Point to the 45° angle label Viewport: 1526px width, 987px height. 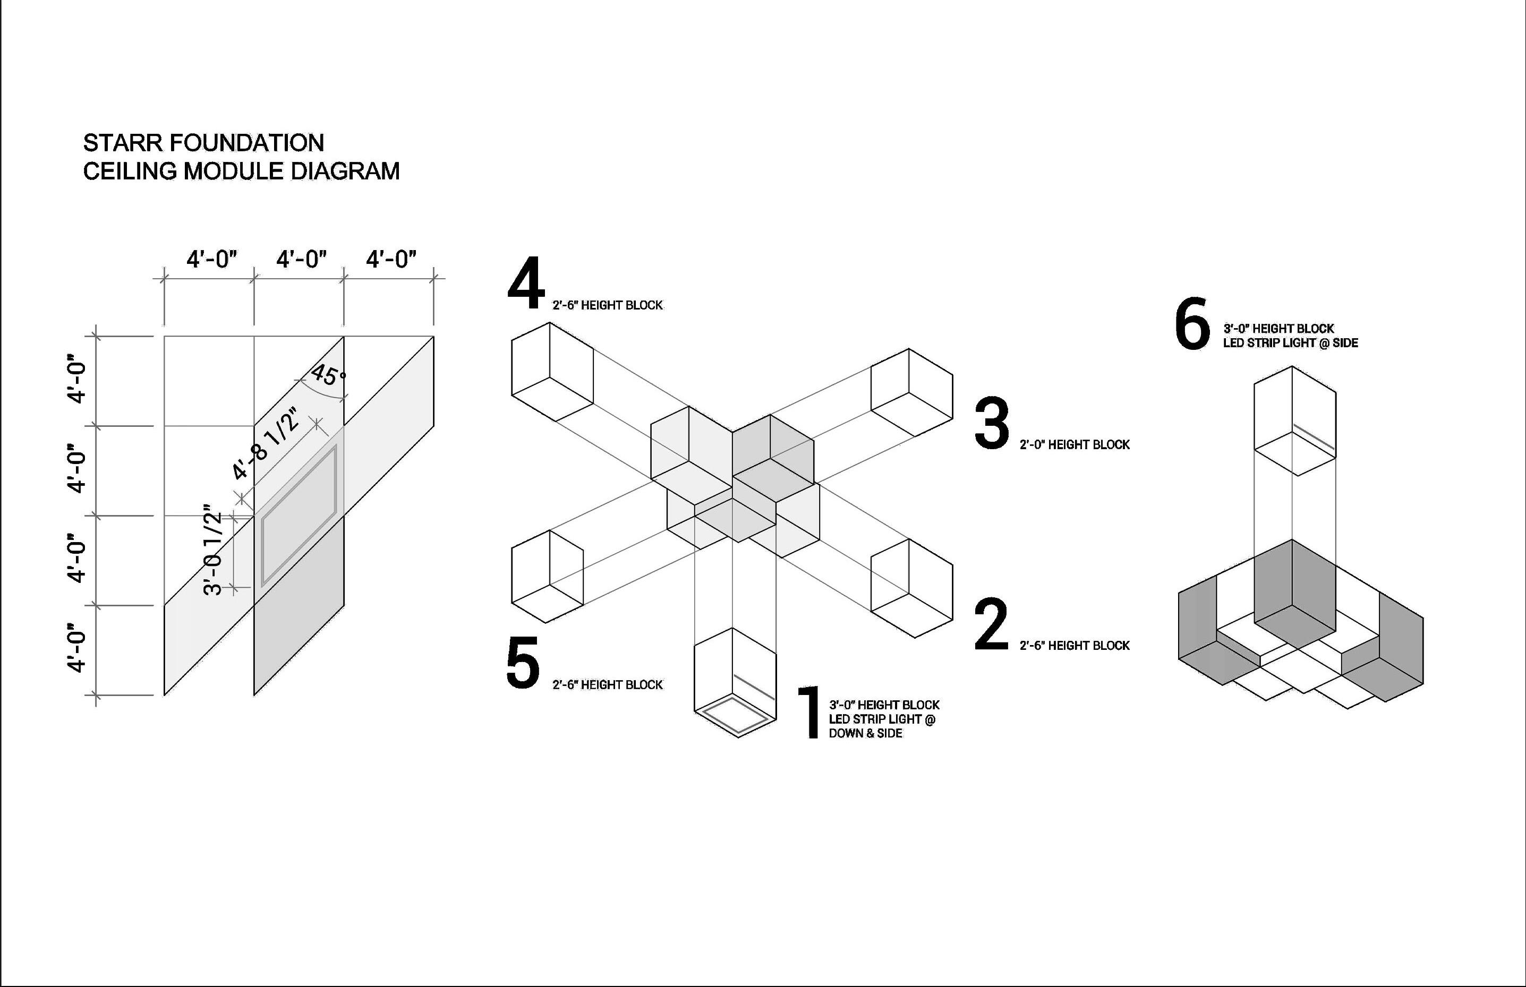click(x=328, y=375)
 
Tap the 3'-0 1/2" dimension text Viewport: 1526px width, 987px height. click(x=214, y=553)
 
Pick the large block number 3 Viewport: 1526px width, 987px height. click(x=991, y=424)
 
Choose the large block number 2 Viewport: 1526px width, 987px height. click(x=991, y=625)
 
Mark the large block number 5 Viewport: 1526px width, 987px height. click(x=523, y=663)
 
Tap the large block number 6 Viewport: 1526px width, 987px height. click(x=1192, y=324)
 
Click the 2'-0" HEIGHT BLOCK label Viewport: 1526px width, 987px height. click(x=1075, y=445)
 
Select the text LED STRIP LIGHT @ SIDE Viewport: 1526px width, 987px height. click(x=1290, y=344)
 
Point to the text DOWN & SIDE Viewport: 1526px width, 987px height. click(x=865, y=734)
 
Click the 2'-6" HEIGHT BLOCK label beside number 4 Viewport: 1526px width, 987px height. click(x=607, y=306)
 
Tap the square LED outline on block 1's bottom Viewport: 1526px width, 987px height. click(x=736, y=715)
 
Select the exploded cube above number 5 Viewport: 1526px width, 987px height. click(x=547, y=576)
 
